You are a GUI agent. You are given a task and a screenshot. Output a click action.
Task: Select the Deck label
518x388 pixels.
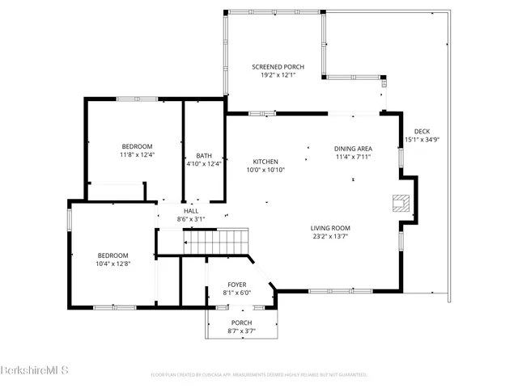[x=422, y=132]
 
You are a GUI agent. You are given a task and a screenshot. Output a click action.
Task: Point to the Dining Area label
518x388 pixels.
[x=353, y=149]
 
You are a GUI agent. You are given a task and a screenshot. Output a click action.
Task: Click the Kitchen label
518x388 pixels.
[x=265, y=161]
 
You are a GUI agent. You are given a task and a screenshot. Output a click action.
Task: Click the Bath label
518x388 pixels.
[x=203, y=156]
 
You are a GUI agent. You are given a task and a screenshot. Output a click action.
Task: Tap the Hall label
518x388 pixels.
[x=191, y=211]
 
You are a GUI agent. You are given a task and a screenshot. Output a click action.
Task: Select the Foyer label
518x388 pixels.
[x=236, y=285]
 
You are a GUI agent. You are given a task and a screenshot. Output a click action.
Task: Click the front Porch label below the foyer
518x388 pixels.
[x=242, y=323]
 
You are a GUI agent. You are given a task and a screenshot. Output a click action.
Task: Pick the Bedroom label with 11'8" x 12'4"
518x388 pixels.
[x=137, y=145]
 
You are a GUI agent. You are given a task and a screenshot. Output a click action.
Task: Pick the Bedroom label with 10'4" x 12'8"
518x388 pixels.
[x=113, y=255]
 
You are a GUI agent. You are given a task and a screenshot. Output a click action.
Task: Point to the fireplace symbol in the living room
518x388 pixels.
[x=401, y=202]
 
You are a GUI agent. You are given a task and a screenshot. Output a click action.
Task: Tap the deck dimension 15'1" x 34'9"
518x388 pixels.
[x=422, y=140]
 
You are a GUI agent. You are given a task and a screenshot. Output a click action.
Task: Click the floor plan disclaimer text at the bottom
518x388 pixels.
[x=259, y=374]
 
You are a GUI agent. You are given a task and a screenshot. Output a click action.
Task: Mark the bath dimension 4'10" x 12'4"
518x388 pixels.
[x=203, y=164]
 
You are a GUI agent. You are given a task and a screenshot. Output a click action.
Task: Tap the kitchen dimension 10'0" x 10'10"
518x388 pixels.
[x=265, y=169]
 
